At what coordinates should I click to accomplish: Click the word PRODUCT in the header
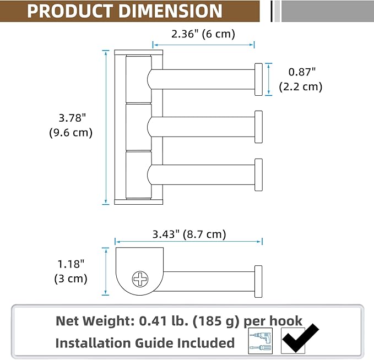click(x=70, y=11)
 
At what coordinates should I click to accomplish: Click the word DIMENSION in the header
click(x=170, y=11)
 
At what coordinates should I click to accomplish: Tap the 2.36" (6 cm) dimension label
click(x=203, y=34)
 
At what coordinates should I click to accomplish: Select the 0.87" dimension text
click(x=302, y=72)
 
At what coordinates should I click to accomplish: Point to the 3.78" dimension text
click(x=72, y=118)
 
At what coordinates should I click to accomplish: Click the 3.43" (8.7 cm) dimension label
click(x=189, y=234)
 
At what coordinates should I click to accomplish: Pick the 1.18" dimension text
click(x=71, y=264)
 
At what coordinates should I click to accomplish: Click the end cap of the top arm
click(x=258, y=79)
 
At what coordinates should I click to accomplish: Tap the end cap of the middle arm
click(x=258, y=127)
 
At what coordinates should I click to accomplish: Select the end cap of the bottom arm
click(x=258, y=174)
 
